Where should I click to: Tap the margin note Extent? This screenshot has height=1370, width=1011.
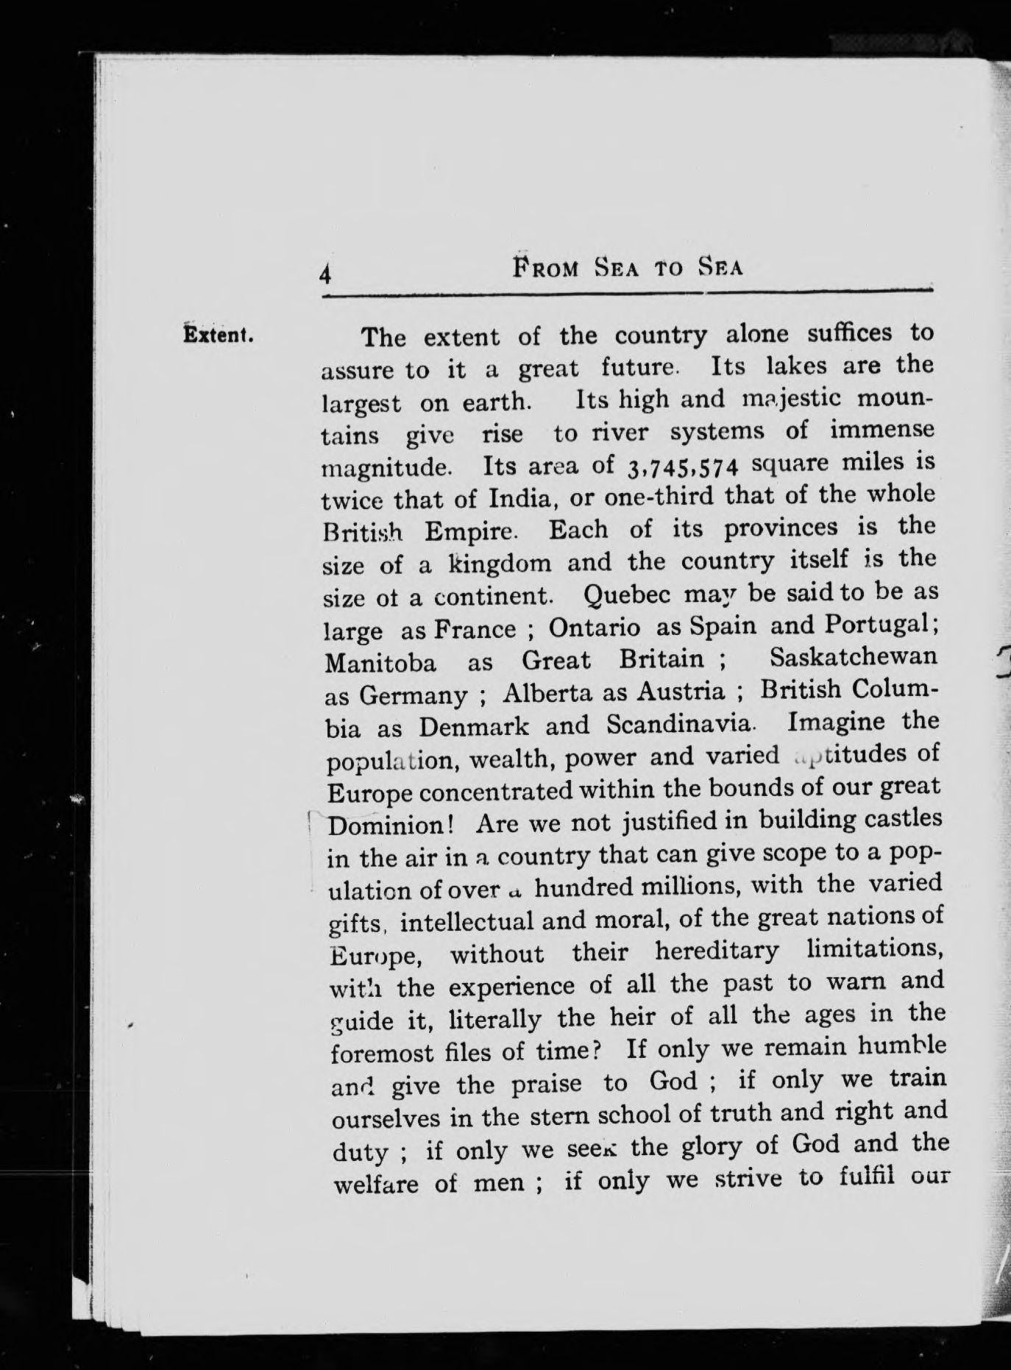[219, 335]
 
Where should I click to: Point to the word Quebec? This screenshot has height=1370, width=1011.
[625, 593]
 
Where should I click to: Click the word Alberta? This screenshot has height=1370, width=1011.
[550, 692]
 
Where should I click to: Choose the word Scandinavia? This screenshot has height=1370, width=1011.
[680, 724]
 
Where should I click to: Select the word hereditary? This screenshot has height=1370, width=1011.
[717, 951]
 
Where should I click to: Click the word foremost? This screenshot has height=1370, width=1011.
[383, 1053]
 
